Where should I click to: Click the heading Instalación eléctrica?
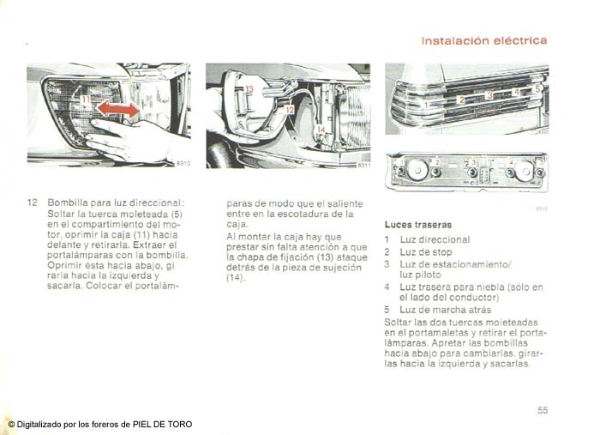[484, 40]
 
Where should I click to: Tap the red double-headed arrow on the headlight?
[118, 109]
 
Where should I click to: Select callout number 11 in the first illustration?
[86, 100]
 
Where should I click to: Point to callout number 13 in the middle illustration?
[249, 89]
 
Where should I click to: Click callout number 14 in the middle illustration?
[321, 130]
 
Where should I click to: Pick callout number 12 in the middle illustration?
[290, 110]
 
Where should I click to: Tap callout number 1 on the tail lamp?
[427, 104]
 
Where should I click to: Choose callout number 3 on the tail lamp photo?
[489, 95]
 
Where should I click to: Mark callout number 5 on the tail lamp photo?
[537, 89]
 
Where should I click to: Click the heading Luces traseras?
[418, 225]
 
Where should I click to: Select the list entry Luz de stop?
[426, 252]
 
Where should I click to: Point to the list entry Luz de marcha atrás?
[446, 310]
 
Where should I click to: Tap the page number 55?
[543, 410]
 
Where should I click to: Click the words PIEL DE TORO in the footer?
[162, 425]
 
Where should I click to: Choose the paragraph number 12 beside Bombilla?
[33, 202]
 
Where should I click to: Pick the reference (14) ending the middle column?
[235, 277]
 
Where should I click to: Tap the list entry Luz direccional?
[435, 239]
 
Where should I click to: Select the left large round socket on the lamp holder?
[417, 170]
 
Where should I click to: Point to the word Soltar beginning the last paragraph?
[397, 323]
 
